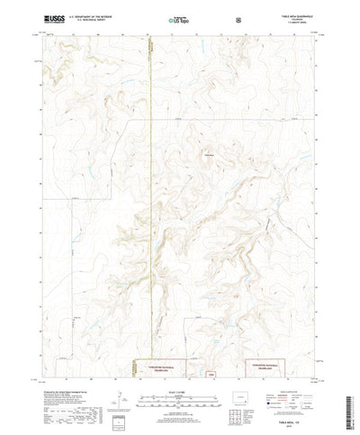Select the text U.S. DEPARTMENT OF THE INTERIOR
point(85,14)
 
